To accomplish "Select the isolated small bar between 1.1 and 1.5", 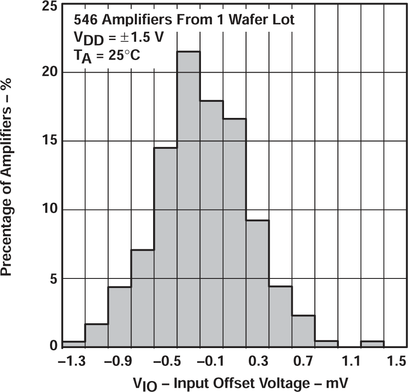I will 372,344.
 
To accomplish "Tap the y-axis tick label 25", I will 50,6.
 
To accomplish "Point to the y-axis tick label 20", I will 50,73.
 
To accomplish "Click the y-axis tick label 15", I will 50,141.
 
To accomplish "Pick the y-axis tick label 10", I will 50,210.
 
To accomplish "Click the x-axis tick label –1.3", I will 73,362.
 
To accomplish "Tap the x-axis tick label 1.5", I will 395,362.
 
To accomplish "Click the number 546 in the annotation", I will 84,20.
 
